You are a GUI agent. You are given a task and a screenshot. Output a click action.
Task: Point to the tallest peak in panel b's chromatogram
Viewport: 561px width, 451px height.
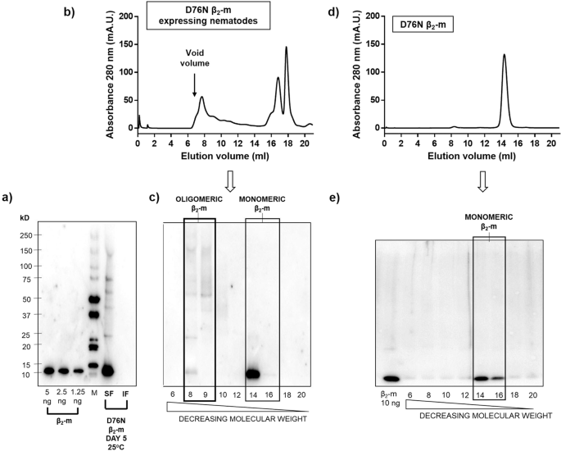coord(287,49)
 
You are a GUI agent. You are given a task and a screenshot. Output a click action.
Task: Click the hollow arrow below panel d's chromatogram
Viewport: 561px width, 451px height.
coord(482,187)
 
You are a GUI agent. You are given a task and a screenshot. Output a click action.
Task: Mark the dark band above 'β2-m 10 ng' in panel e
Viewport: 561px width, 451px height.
coord(391,379)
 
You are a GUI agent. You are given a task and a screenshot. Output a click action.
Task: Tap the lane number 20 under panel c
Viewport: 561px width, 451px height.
coord(302,395)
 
